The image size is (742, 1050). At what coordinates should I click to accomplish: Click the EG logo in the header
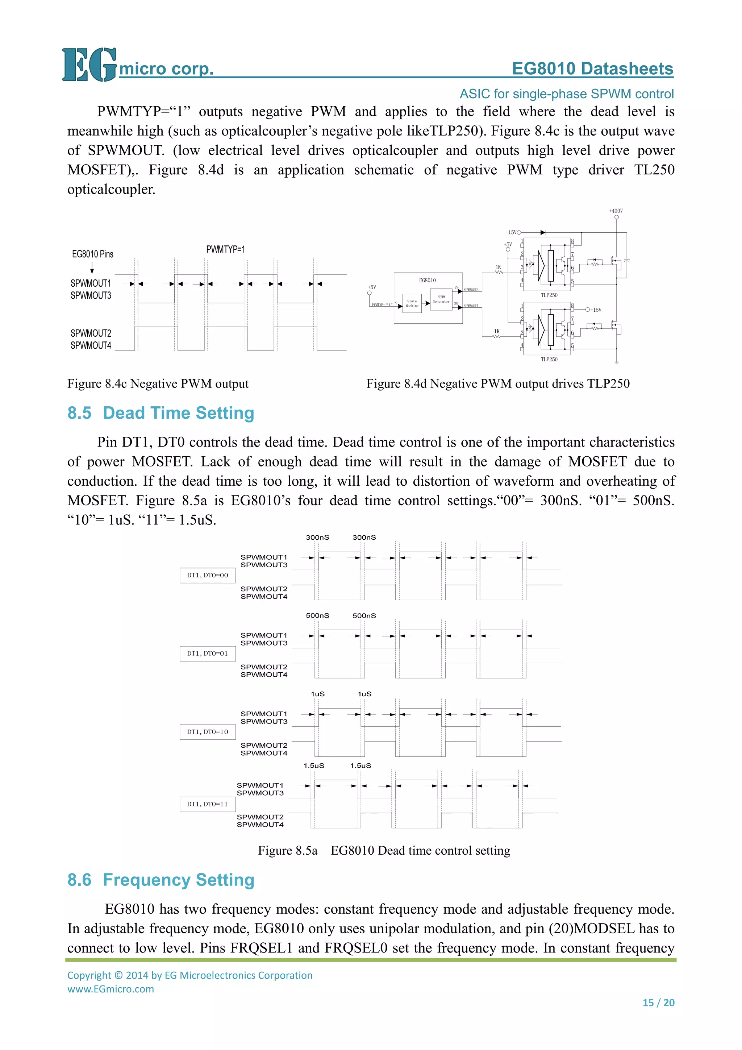pyautogui.click(x=89, y=65)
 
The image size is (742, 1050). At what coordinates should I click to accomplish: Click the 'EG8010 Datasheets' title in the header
pyautogui.click(x=592, y=68)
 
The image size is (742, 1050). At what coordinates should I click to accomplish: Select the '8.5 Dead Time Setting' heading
pyautogui.click(x=161, y=413)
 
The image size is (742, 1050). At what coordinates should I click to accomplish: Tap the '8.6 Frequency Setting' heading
pyautogui.click(x=161, y=880)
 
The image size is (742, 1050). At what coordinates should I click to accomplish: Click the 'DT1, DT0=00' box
pyautogui.click(x=208, y=575)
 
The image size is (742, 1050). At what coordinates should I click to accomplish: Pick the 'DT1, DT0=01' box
pyautogui.click(x=208, y=653)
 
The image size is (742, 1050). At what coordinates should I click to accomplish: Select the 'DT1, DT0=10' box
pyautogui.click(x=208, y=732)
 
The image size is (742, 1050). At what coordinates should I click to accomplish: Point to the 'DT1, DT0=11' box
pyautogui.click(x=208, y=804)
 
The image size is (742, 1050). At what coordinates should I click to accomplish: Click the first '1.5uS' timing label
pyautogui.click(x=314, y=765)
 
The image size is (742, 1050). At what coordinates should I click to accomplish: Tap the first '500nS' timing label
pyautogui.click(x=317, y=615)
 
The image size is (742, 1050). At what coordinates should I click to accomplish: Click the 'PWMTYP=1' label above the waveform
pyautogui.click(x=225, y=249)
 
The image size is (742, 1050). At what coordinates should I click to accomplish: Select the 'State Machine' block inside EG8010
pyautogui.click(x=412, y=303)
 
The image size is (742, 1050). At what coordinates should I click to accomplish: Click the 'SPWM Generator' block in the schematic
pyautogui.click(x=441, y=299)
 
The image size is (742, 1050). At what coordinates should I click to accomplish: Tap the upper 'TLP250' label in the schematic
pyautogui.click(x=549, y=295)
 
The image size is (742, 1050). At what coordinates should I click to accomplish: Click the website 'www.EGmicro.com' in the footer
pyautogui.click(x=111, y=989)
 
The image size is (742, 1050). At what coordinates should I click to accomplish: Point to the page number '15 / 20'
pyautogui.click(x=658, y=1003)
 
